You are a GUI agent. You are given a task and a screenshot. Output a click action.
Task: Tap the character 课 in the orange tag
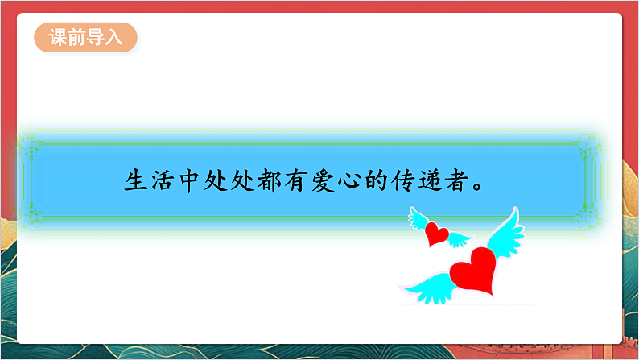coord(57,38)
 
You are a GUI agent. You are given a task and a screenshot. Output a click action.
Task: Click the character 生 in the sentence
coord(136,180)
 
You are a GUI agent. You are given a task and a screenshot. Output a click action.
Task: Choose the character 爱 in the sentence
coord(316,180)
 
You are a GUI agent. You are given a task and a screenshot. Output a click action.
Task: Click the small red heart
coord(437,234)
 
